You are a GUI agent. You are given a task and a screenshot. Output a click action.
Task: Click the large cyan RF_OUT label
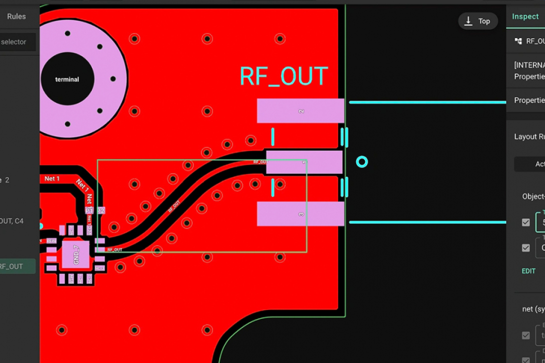(x=283, y=76)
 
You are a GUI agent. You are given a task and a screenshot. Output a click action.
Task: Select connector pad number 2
(x=300, y=111)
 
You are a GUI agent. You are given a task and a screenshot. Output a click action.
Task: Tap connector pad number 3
(x=300, y=214)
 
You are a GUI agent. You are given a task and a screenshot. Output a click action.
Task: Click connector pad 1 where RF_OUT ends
(x=304, y=162)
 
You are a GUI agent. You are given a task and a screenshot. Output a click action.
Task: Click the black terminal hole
(x=67, y=79)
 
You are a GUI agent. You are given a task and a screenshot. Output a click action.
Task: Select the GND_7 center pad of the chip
(x=76, y=254)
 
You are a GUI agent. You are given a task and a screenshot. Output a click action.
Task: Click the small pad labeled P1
(x=89, y=210)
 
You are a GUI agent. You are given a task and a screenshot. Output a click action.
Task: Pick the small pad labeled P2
(x=101, y=210)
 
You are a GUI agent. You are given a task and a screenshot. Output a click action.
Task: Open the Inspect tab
(x=525, y=17)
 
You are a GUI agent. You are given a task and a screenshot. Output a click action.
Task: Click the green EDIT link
(x=528, y=271)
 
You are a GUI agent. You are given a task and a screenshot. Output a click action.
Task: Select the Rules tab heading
(x=16, y=16)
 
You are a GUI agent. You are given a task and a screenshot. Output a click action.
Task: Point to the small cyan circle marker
(x=362, y=162)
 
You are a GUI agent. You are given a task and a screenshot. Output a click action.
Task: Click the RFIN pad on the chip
(x=51, y=241)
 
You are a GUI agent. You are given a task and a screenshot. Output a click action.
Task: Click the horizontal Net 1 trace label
(x=52, y=179)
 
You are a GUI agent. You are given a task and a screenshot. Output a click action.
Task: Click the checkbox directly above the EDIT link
(x=526, y=248)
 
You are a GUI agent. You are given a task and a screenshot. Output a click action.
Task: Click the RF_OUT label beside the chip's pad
(x=115, y=249)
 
